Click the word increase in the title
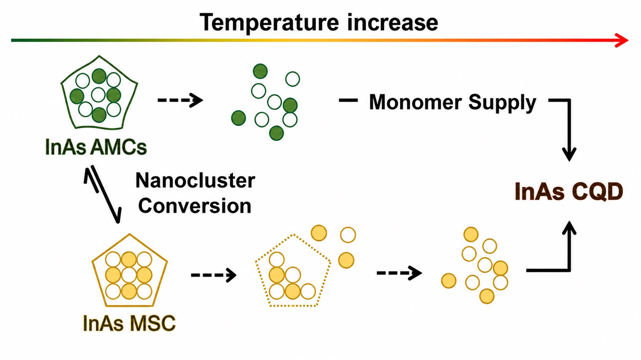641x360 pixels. [393, 22]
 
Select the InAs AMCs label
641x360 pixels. [96, 147]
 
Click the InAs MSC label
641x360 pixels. [129, 323]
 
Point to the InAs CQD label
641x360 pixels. [569, 191]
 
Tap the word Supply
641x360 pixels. [502, 103]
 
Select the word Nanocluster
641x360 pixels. [195, 181]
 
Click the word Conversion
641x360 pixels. [195, 205]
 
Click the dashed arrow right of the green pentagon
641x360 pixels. [180, 100]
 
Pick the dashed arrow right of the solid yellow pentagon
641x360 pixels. [214, 275]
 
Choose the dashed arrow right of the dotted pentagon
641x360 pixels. [399, 273]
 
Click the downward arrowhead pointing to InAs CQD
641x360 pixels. [569, 155]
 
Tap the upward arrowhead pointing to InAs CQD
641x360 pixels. [569, 228]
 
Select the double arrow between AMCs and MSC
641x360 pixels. [103, 194]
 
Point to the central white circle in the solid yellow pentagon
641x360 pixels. [129, 276]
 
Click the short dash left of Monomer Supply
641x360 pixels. [348, 101]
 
